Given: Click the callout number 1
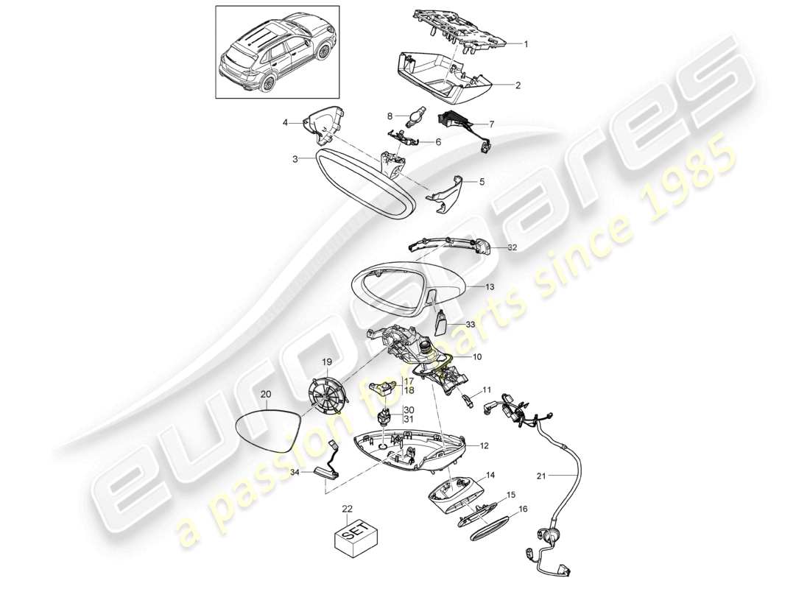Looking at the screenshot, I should click(526, 44).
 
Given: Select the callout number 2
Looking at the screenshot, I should click(517, 86).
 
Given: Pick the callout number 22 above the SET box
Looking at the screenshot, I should click(348, 508).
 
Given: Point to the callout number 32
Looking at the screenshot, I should click(512, 249).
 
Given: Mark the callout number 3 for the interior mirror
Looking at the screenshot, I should click(294, 159).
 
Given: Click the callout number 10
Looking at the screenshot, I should click(477, 358).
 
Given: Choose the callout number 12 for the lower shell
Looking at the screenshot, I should click(484, 446).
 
